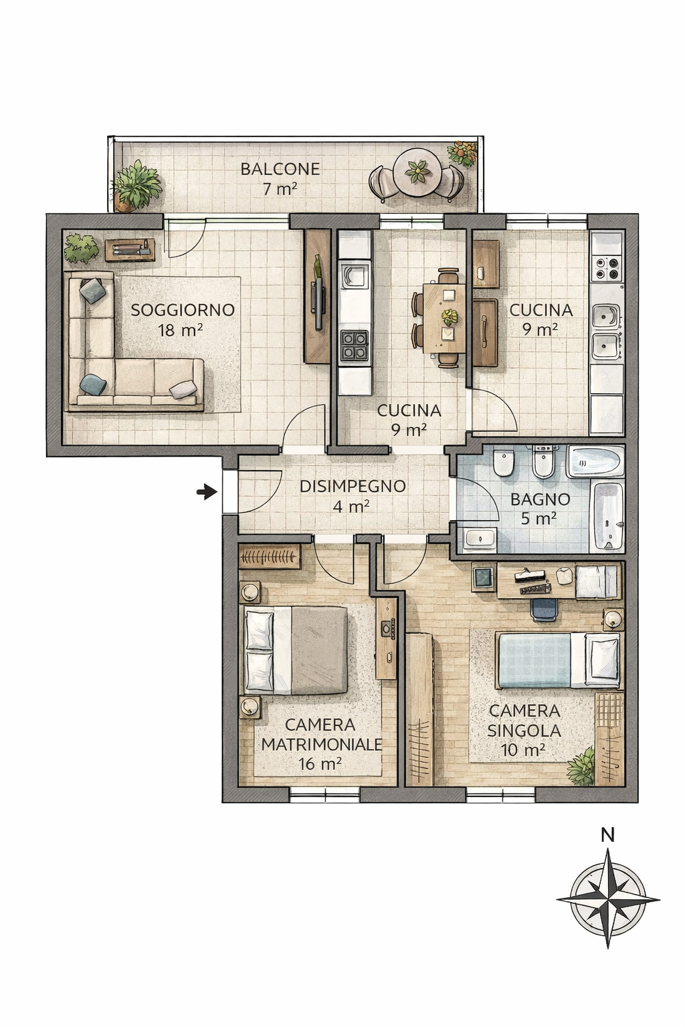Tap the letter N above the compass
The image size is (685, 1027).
pyautogui.click(x=608, y=835)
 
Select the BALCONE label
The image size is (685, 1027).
pyautogui.click(x=280, y=168)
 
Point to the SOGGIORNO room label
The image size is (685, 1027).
pyautogui.click(x=183, y=310)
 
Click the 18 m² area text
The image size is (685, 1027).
pyautogui.click(x=181, y=330)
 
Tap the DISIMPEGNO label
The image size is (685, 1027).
pyautogui.click(x=353, y=486)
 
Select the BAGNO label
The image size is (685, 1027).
pyautogui.click(x=540, y=499)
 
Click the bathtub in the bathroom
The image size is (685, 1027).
pyautogui.click(x=609, y=515)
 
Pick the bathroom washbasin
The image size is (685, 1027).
pyautogui.click(x=480, y=539)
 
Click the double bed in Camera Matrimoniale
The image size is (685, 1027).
pyautogui.click(x=296, y=650)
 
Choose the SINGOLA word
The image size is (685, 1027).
pyautogui.click(x=524, y=731)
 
